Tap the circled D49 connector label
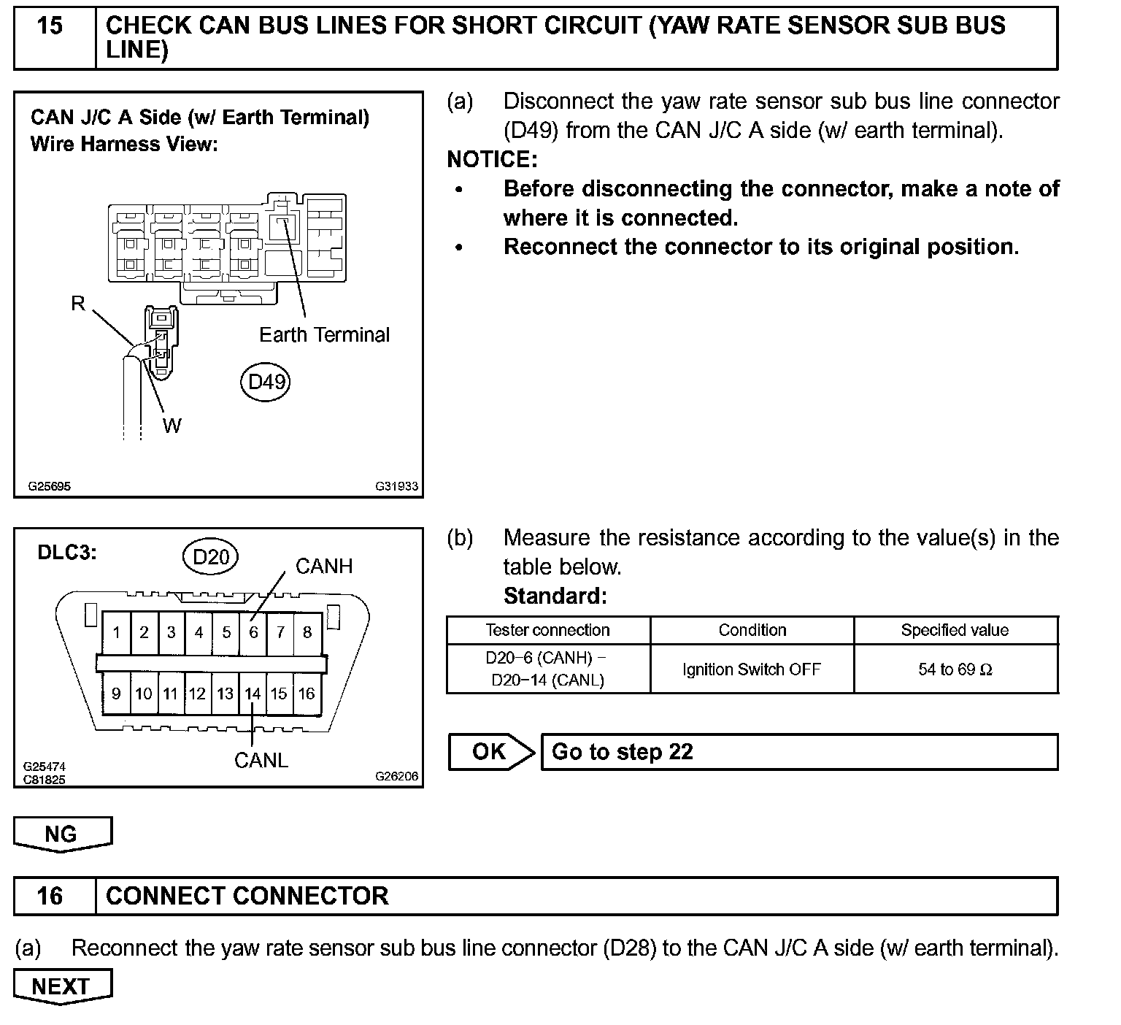(x=266, y=382)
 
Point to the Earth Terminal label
(x=324, y=335)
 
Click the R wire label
(x=78, y=303)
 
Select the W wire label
(x=172, y=426)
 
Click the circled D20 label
(x=210, y=558)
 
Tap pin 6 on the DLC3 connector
(x=253, y=632)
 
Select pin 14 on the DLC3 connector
(x=253, y=694)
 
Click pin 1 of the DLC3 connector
(x=117, y=632)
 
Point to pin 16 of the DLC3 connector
(x=307, y=694)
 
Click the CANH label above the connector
(x=324, y=567)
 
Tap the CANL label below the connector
(x=261, y=761)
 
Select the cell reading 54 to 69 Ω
(x=955, y=669)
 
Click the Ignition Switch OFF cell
(x=752, y=669)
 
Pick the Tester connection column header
(x=547, y=630)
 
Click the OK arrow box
(x=490, y=752)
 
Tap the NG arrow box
(x=62, y=834)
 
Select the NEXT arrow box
(x=62, y=986)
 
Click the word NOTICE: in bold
(x=492, y=159)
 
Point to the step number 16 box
(x=50, y=896)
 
